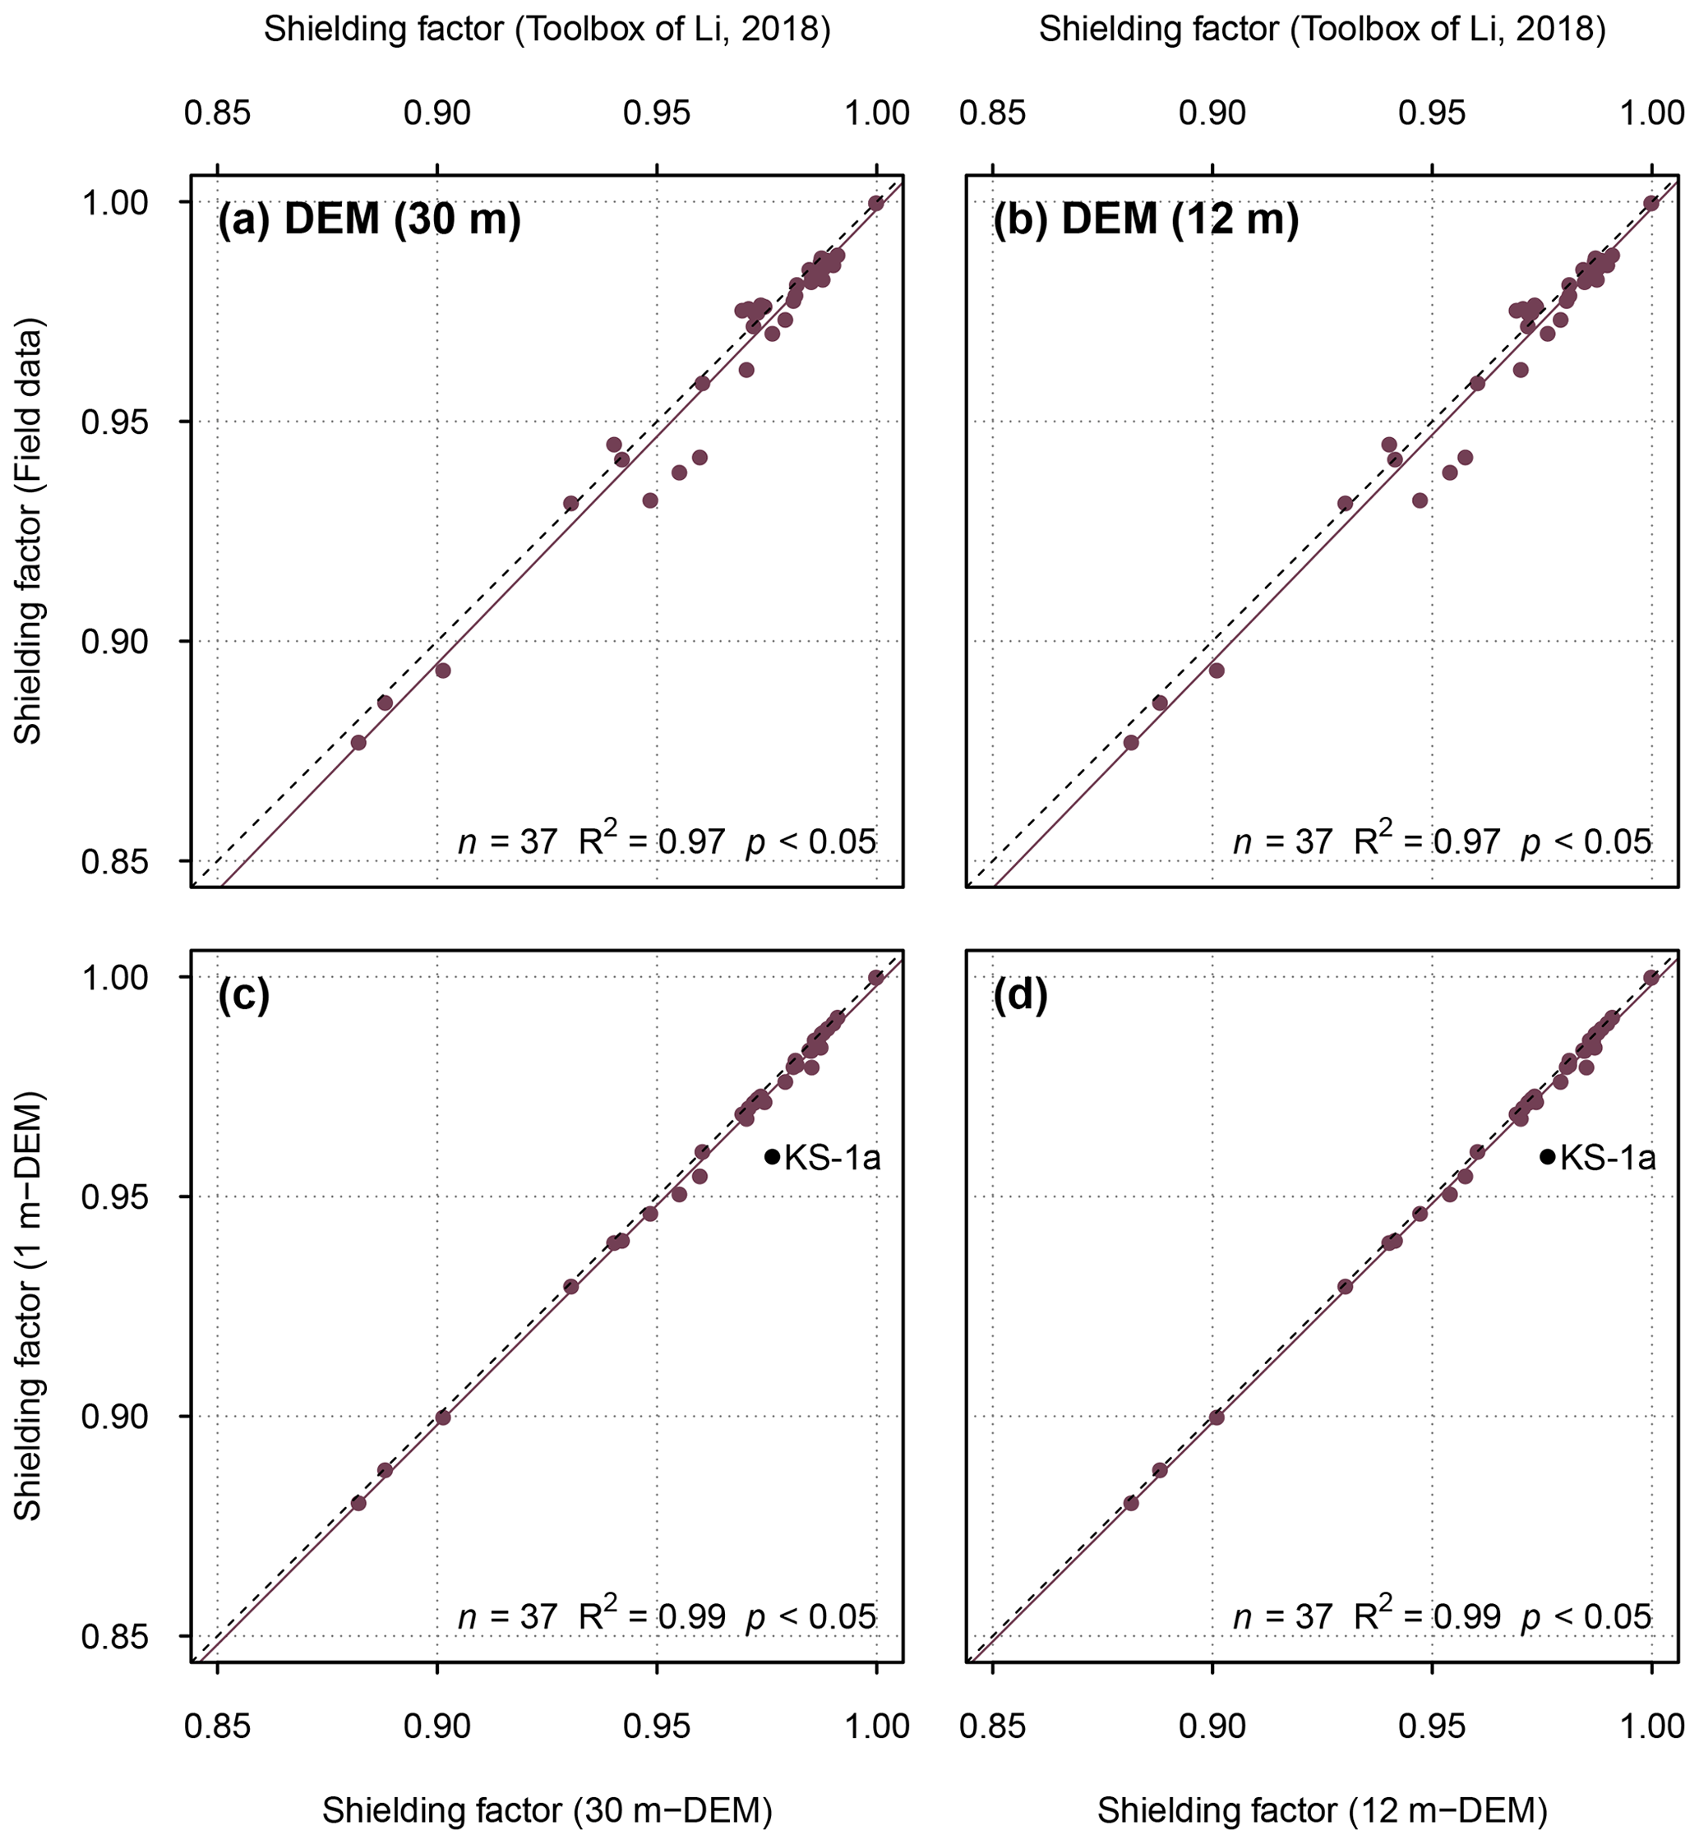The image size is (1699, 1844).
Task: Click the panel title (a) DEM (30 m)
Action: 369,220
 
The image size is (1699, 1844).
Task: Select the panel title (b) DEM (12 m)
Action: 1146,220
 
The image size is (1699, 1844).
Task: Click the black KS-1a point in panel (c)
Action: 773,1156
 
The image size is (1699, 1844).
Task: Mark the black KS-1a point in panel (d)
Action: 1547,1156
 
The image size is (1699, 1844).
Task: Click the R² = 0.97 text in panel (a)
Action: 652,839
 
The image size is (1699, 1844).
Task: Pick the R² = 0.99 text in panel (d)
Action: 1427,1614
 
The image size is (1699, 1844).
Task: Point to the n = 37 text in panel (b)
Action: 1282,840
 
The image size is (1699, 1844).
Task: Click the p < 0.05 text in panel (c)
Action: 811,1615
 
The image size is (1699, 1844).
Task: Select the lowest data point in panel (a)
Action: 358,742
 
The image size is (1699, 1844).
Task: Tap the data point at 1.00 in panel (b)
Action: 1651,203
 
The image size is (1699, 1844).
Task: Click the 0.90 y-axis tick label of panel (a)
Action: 115,642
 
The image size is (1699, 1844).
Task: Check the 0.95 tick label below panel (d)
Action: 1432,1726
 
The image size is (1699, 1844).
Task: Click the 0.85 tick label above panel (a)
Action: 217,113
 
